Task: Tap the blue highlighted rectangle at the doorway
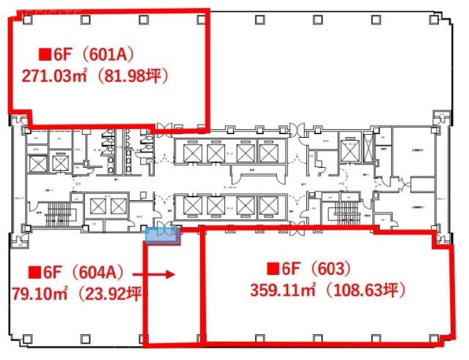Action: pos(162,235)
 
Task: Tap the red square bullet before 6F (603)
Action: pos(272,269)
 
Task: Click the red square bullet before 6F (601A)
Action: pos(45,54)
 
